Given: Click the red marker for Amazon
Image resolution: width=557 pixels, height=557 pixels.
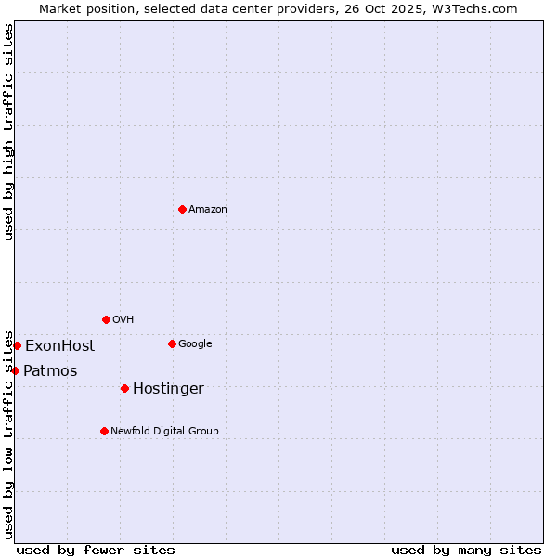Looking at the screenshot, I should click(182, 209).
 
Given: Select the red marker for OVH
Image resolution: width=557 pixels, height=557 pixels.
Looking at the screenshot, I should click(106, 319).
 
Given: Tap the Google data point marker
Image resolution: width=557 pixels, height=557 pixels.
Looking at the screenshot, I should click(172, 343).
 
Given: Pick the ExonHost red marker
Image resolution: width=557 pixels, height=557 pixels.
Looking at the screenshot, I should click(17, 345).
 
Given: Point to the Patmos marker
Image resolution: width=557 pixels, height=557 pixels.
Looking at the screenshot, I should click(15, 370).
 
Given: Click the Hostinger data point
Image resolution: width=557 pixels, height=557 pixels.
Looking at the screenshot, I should click(124, 388).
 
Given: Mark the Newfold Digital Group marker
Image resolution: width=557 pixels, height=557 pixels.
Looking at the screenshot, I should click(104, 431).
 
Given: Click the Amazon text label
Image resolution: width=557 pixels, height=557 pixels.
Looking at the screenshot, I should click(208, 210).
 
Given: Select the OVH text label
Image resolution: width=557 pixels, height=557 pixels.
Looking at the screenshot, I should click(123, 320).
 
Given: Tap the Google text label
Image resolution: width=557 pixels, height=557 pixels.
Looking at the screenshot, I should click(195, 344).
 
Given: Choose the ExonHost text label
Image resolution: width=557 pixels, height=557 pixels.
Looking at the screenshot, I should click(59, 346).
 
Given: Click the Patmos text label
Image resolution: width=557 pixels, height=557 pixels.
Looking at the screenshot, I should click(50, 371).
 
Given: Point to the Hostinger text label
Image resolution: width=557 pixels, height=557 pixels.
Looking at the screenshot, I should click(168, 389).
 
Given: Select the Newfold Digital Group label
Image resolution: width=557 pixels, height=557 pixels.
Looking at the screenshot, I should click(164, 432).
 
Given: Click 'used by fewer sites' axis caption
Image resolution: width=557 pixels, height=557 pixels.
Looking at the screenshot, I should click(96, 550).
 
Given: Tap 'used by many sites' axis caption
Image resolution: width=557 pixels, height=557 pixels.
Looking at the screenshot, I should click(466, 550).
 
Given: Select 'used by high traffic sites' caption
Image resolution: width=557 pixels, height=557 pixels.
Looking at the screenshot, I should click(8, 132).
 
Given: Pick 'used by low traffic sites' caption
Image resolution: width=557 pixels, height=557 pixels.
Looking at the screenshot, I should click(8, 434).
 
